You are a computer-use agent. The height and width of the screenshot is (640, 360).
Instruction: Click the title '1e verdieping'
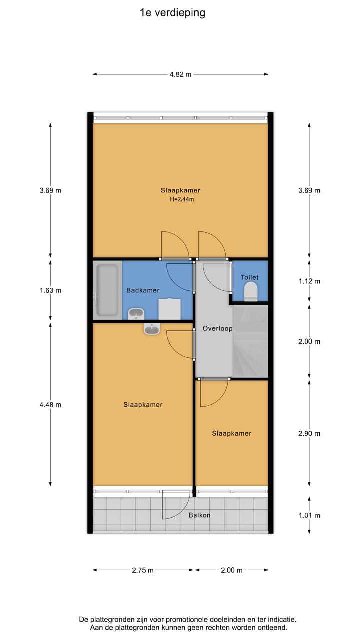[x=172, y=13]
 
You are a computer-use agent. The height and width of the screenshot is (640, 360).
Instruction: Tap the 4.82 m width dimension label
[x=180, y=74]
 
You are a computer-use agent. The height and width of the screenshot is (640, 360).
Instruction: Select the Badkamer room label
[x=143, y=290]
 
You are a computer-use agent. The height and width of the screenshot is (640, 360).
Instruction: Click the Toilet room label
[x=249, y=277]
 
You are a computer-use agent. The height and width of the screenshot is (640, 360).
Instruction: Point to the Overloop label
[x=217, y=328]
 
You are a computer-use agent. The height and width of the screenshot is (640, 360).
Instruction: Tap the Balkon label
[x=199, y=515]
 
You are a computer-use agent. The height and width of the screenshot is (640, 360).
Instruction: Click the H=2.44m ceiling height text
[x=182, y=199]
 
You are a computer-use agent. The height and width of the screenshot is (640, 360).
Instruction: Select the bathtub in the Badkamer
[x=107, y=290]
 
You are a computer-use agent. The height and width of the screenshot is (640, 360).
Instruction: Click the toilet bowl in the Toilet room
[x=251, y=291]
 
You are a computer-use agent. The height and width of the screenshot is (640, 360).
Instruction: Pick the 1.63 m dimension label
[x=50, y=290]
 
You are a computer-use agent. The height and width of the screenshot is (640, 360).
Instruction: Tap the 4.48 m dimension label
[x=50, y=405]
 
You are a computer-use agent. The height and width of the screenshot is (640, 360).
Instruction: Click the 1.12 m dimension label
[x=309, y=281]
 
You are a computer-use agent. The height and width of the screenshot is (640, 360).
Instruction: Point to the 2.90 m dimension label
[x=309, y=433]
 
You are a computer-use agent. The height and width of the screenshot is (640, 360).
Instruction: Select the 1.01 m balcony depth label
[x=309, y=515]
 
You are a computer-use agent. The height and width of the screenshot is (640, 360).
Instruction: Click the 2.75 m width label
[x=143, y=570]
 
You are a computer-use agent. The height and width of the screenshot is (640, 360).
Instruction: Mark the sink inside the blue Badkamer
[x=136, y=314]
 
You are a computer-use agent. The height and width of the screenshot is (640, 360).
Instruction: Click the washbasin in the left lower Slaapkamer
[x=152, y=329]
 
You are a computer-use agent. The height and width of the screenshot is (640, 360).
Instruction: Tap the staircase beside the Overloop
[x=250, y=341]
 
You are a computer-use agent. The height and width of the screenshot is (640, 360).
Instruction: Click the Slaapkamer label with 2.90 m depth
[x=231, y=433]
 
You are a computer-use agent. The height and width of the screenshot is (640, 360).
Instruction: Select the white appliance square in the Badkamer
[x=169, y=309]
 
